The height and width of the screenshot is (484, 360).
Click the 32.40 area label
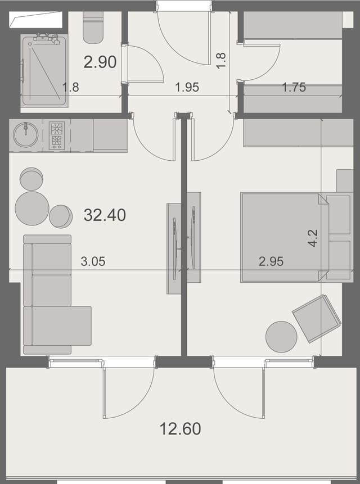coord(105,215)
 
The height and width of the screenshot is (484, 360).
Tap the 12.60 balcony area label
coord(180,429)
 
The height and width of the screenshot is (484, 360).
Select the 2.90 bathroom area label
coord(100,62)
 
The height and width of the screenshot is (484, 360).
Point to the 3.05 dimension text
coord(93,261)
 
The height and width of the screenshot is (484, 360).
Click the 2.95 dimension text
coord(271,261)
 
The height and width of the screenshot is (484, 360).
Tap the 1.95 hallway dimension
coord(187,88)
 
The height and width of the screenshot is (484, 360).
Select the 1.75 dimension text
coord(294,88)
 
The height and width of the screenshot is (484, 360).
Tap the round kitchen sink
coord(25,135)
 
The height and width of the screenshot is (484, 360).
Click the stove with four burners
coord(57,135)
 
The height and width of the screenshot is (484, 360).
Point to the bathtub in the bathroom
coord(44,71)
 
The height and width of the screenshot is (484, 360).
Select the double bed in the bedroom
coord(281,237)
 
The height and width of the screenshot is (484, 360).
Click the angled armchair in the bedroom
coord(316,318)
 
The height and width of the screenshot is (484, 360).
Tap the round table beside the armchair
coord(281,337)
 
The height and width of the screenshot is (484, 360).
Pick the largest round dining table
coord(31,208)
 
